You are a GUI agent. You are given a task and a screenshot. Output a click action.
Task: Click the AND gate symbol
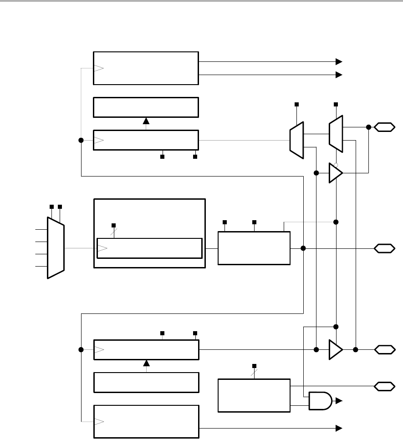(321, 400)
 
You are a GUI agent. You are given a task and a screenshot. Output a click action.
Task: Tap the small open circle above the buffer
(336, 164)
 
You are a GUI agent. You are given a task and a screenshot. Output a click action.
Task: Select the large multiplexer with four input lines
(56, 247)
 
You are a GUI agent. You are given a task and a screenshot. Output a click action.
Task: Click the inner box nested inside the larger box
(149, 248)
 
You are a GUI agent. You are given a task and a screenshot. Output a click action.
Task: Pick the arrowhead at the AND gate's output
(339, 401)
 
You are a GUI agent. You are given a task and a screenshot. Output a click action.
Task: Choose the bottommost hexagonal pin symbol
(384, 386)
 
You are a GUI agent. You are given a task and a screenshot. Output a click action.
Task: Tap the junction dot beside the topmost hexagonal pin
(368, 127)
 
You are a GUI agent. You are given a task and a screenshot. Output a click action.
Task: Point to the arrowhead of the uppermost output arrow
(339, 61)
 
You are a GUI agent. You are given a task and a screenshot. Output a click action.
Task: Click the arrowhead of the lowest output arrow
(339, 428)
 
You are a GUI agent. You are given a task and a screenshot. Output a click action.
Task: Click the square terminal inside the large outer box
(113, 225)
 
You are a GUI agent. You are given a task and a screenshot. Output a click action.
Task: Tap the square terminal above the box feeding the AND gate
(254, 366)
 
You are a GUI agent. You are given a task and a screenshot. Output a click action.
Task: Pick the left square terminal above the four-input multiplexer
(51, 207)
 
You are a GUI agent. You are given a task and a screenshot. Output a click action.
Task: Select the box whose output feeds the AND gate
(254, 395)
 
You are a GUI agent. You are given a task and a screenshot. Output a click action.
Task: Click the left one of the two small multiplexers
(296, 140)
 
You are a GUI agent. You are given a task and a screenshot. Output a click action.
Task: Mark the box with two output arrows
(146, 68)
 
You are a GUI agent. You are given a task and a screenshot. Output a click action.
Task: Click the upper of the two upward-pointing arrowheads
(146, 121)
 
